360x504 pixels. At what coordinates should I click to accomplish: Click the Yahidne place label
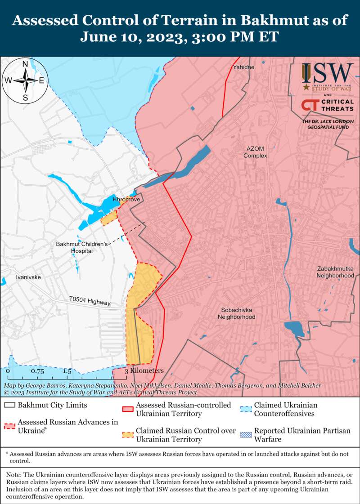[243, 67]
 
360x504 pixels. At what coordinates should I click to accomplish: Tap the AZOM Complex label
[255, 152]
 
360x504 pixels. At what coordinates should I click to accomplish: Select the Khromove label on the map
[126, 199]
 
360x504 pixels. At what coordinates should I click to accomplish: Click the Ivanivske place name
[28, 277]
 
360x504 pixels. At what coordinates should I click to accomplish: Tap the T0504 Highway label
[90, 301]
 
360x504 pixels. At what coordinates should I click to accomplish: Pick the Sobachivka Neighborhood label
[236, 313]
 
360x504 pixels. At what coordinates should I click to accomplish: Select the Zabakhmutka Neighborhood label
[335, 272]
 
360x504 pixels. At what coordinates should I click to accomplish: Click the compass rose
[26, 81]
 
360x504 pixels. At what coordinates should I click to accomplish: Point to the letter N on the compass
[26, 63]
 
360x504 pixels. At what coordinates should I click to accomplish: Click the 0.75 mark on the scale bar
[37, 371]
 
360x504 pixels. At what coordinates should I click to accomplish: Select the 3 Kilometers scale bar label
[144, 371]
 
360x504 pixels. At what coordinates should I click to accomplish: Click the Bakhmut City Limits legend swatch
[10, 405]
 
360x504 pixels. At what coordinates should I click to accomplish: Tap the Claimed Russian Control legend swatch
[128, 435]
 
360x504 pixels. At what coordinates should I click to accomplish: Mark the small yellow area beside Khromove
[108, 219]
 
